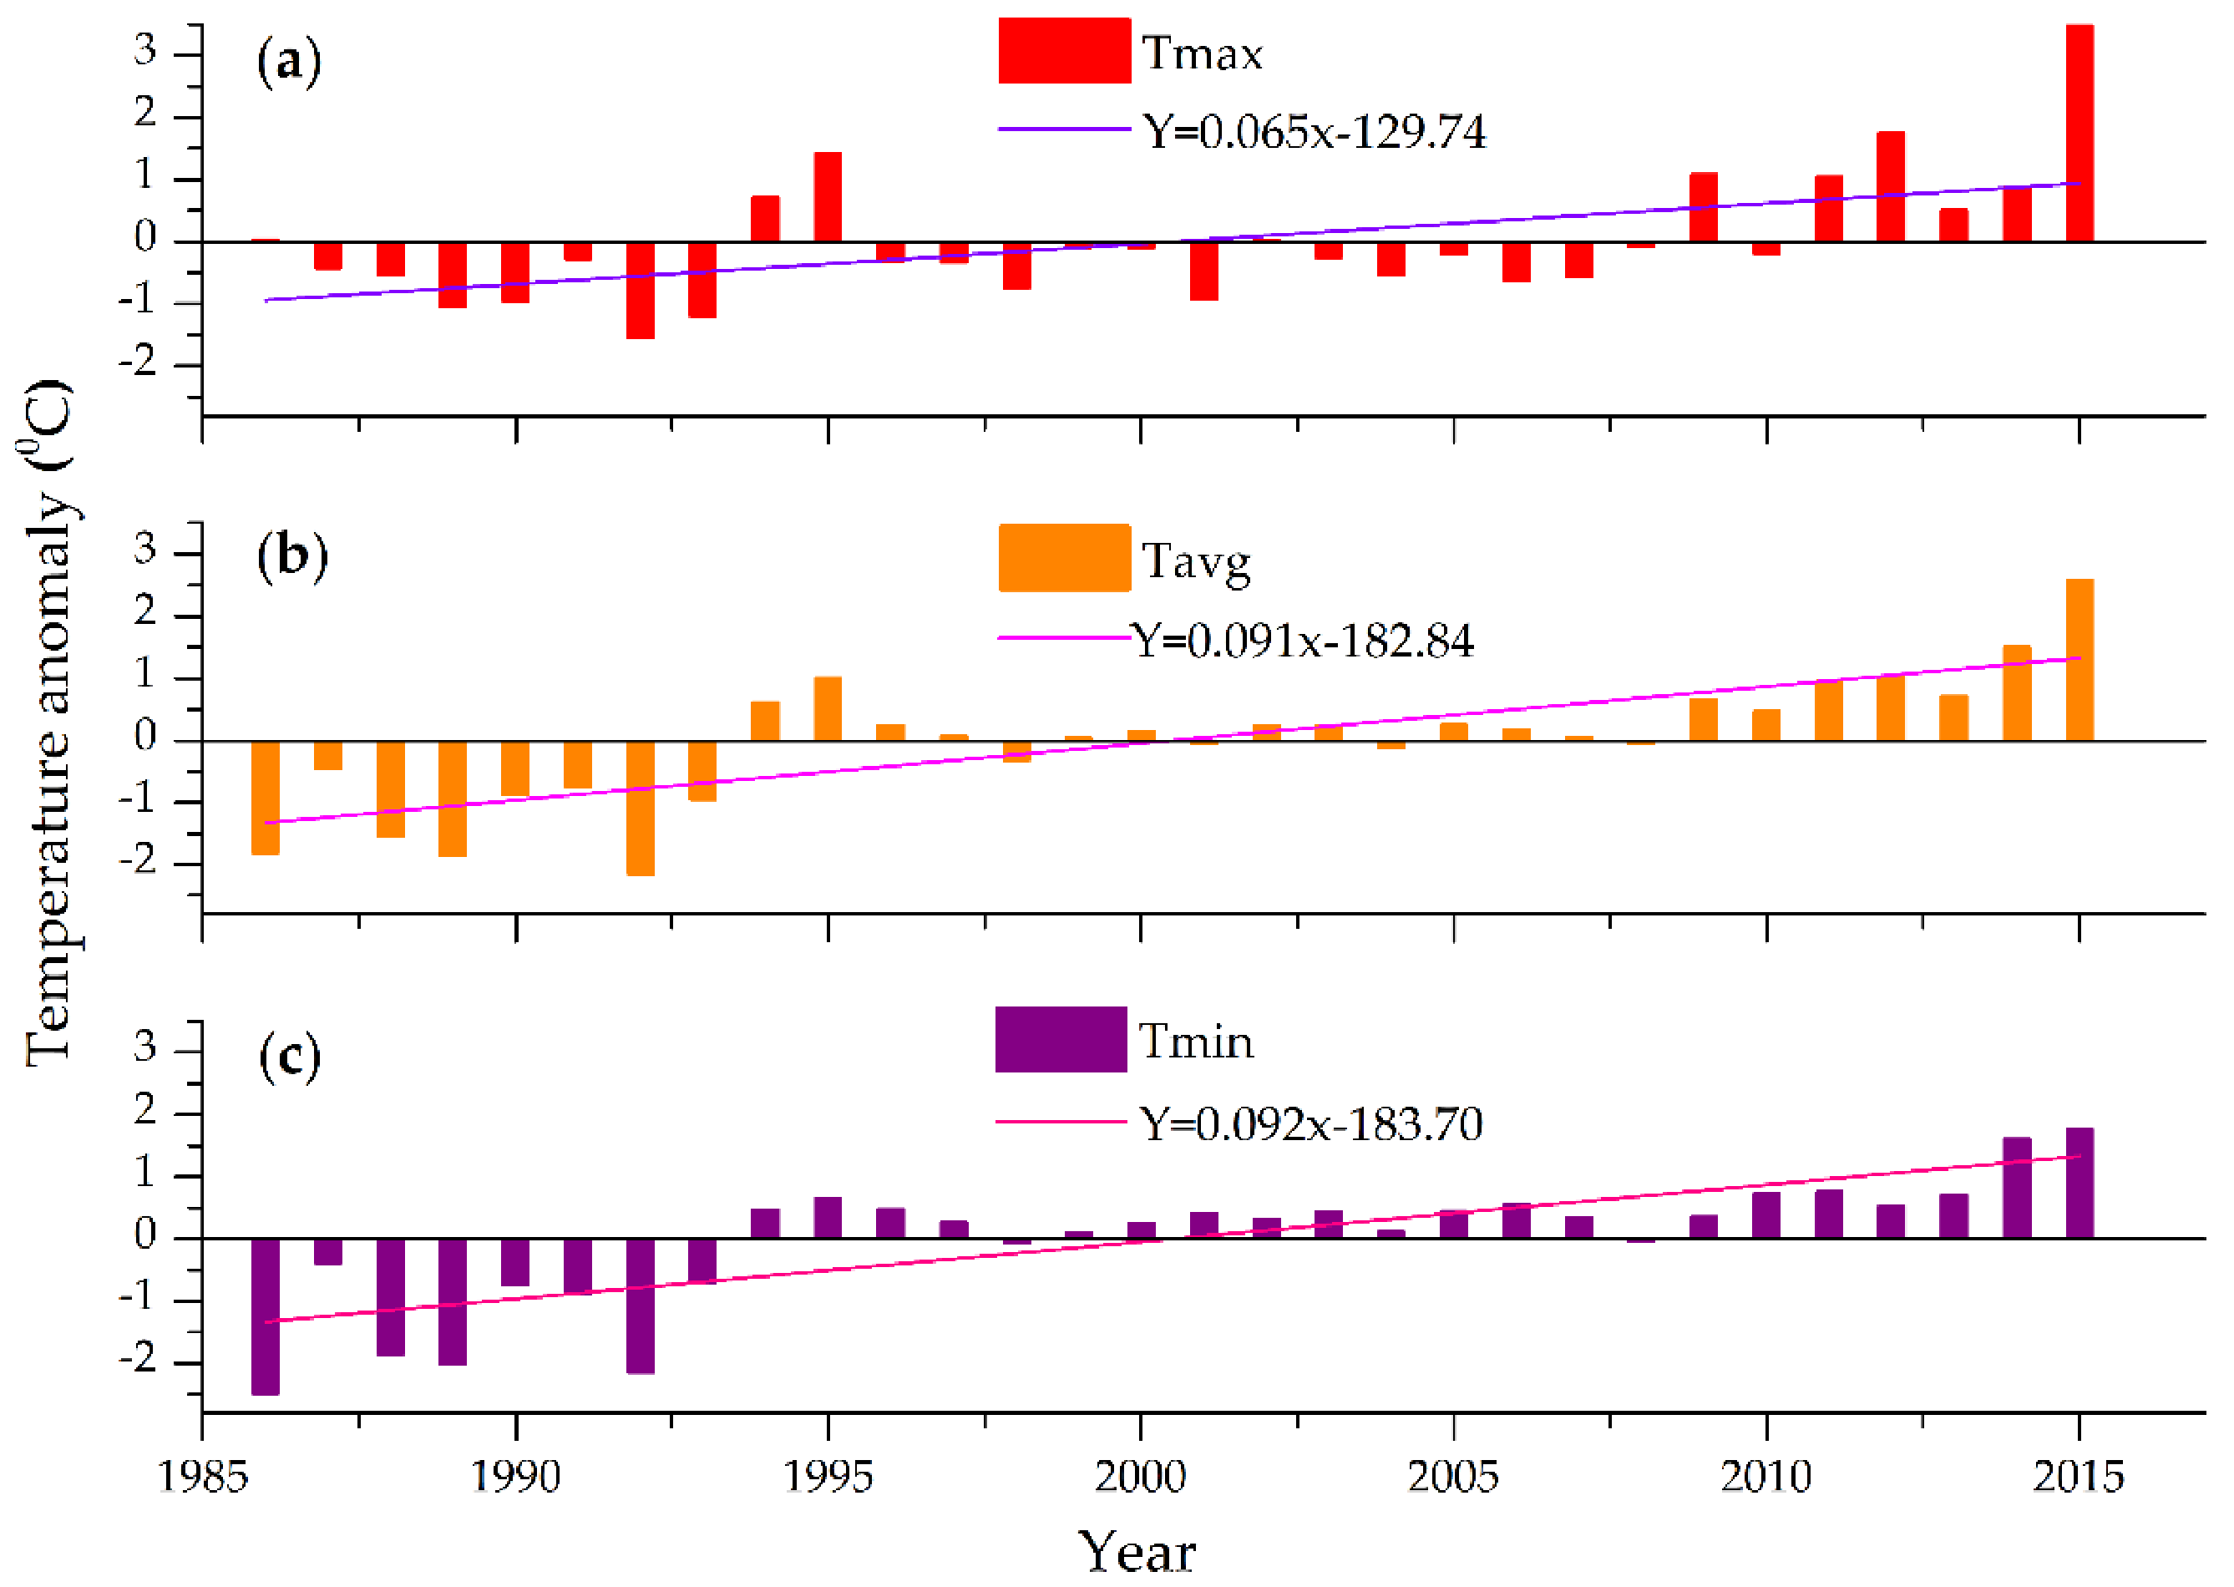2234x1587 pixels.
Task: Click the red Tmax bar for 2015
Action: click(x=2079, y=132)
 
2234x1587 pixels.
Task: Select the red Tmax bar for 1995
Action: click(x=828, y=196)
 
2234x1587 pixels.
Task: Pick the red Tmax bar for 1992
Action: click(x=640, y=290)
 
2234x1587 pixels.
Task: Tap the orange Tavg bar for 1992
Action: click(x=640, y=809)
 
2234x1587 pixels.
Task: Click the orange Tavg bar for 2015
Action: click(x=2079, y=660)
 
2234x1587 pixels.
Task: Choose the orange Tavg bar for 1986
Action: click(x=265, y=798)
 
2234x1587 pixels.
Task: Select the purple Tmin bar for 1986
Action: click(x=265, y=1316)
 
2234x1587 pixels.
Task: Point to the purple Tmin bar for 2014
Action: click(x=2016, y=1187)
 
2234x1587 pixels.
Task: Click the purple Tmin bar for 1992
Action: click(x=640, y=1306)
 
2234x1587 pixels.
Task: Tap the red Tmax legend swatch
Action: click(x=1064, y=51)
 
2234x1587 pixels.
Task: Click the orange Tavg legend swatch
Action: click(x=1064, y=558)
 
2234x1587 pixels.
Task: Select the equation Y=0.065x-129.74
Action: click(x=1314, y=132)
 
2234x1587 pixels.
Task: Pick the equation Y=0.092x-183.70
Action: click(x=1311, y=1123)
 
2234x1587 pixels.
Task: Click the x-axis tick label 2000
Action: click(x=1140, y=1476)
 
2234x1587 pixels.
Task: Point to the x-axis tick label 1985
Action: click(x=202, y=1476)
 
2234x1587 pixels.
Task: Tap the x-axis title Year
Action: click(x=1136, y=1552)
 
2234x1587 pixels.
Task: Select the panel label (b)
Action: click(x=291, y=557)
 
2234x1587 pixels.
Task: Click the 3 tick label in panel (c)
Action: click(x=144, y=1047)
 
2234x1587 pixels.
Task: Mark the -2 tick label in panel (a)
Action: click(x=138, y=363)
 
